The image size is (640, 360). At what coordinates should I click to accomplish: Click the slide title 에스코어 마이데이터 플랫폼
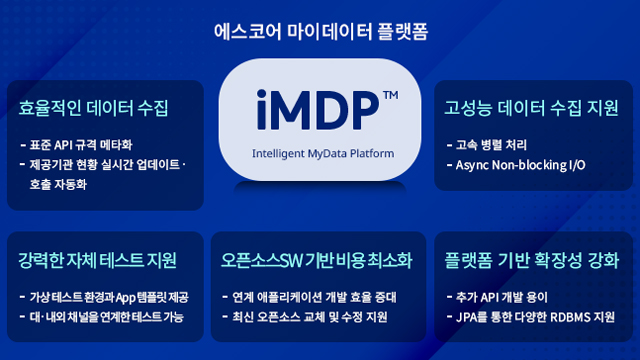pos(320,31)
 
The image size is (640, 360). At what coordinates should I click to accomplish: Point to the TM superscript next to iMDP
pos(391,95)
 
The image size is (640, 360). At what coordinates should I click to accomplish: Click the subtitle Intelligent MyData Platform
pos(320,154)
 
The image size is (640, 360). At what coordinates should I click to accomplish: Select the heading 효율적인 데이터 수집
pos(94,106)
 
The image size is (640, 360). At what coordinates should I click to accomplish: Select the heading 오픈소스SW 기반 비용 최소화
pos(316,261)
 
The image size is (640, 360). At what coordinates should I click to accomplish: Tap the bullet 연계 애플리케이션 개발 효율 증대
pos(316,298)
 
